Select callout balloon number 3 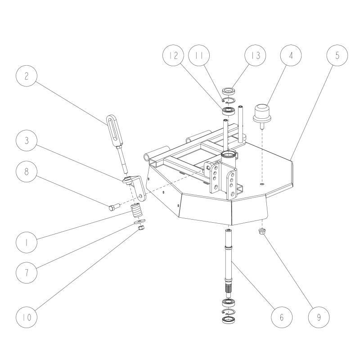27,141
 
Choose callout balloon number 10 27,317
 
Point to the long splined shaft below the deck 229,261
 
